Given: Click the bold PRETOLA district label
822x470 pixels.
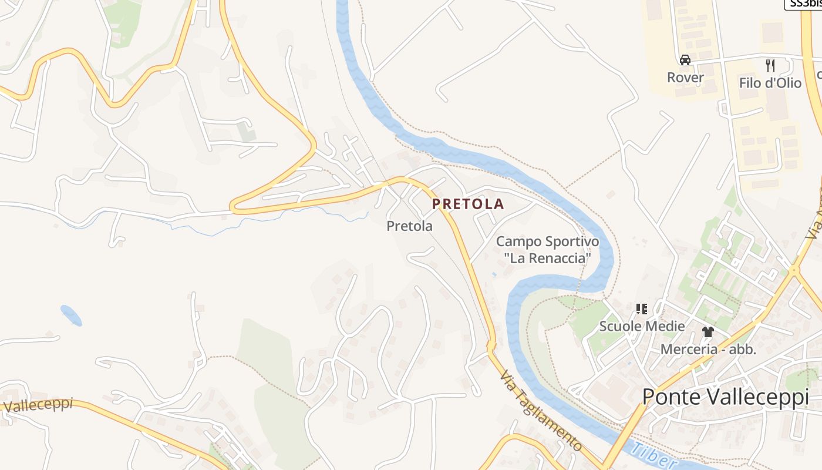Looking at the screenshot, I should (x=468, y=204).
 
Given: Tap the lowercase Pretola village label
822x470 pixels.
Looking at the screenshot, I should (x=409, y=226).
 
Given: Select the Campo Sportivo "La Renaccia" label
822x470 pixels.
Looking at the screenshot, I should (x=547, y=250).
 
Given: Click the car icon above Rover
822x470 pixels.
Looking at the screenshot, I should (x=685, y=60).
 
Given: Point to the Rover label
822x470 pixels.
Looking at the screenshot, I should (x=685, y=78).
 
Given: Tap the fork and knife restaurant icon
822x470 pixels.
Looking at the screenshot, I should (x=770, y=65).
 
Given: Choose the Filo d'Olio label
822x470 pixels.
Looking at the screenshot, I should (x=770, y=83).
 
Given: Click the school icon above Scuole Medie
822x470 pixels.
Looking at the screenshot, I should (x=641, y=308).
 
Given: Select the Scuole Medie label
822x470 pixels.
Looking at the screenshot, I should (x=642, y=326).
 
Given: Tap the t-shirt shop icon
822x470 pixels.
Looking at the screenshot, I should (x=708, y=332).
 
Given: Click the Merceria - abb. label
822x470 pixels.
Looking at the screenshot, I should (x=708, y=349).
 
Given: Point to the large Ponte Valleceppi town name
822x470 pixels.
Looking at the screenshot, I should (x=725, y=397).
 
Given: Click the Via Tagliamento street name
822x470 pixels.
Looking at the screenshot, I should (x=540, y=411).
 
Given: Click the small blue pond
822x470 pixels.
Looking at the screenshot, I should (x=71, y=315).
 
